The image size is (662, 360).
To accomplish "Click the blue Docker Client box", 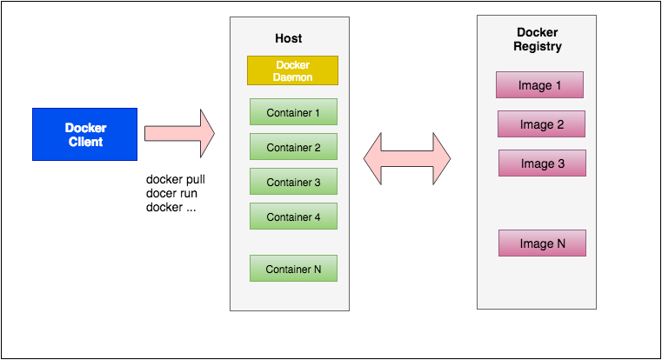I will (84, 134).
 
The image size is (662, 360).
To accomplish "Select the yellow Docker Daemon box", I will (292, 70).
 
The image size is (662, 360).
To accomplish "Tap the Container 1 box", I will (293, 112).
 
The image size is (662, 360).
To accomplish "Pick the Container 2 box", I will (293, 147).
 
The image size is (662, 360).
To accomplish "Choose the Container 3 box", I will (293, 182).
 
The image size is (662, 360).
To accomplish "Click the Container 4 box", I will (293, 217).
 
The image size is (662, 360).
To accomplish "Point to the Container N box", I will (293, 269).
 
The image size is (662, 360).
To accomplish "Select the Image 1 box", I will (539, 85).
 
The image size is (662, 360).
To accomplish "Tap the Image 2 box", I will (541, 124).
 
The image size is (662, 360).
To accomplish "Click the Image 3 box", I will (542, 163).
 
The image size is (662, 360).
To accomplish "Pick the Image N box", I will (542, 243).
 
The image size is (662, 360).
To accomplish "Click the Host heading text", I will (288, 39).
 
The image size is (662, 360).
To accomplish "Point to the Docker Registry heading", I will (537, 39).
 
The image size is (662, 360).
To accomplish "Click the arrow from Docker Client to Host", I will (178, 134).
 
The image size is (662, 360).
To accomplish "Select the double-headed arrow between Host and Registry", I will (407, 158).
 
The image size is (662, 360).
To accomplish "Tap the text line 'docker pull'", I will (176, 180).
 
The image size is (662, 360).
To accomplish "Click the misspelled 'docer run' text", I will (171, 193).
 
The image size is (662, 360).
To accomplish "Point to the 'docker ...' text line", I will (171, 207).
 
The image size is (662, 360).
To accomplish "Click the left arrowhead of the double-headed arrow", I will (375, 158).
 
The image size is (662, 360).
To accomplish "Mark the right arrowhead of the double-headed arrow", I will (439, 158).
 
